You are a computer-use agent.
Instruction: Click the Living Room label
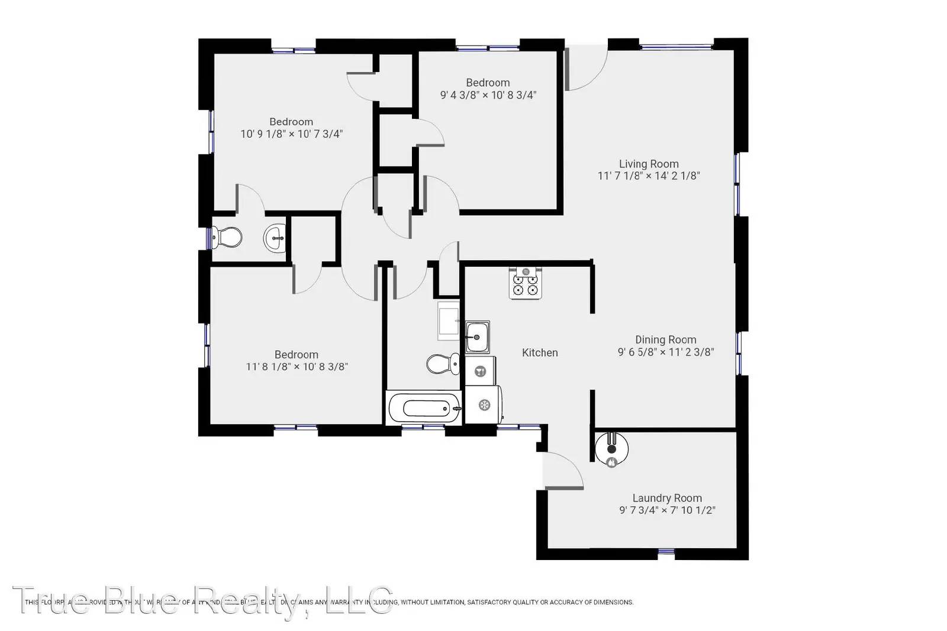(649, 164)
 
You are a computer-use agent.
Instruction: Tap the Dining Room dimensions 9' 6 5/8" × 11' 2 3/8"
(666, 352)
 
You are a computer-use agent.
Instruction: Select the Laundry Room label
(667, 499)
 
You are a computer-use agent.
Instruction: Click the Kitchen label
(540, 352)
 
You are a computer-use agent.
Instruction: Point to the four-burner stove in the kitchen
(526, 283)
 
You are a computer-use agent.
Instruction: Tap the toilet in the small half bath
(228, 238)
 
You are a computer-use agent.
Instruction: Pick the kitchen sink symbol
(477, 337)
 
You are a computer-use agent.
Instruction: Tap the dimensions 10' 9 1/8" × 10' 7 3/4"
(291, 134)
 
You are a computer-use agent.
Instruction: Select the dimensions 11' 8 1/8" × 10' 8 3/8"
(297, 367)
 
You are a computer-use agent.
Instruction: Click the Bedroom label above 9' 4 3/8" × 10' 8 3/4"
(488, 83)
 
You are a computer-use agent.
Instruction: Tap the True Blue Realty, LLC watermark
(201, 601)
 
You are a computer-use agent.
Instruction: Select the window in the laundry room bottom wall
(666, 552)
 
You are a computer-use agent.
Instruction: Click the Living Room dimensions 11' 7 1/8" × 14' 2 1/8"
(649, 176)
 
